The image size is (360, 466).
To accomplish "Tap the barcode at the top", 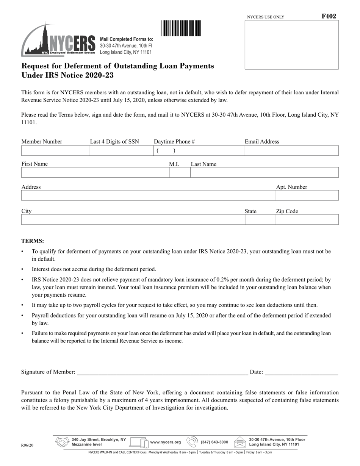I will click(x=181, y=28).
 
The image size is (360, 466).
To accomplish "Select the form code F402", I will click(x=329, y=16).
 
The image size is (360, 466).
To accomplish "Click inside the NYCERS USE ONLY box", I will click(x=291, y=45).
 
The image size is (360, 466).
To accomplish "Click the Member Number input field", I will click(x=55, y=151).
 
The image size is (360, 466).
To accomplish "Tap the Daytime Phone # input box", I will click(x=199, y=151).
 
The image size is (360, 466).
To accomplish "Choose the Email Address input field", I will click(x=291, y=151).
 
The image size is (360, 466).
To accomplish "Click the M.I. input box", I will click(x=179, y=173).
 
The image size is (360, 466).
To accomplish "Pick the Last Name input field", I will click(x=264, y=173).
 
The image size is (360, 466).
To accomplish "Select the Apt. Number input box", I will click(x=307, y=195).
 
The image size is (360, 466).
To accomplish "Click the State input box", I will click(x=260, y=220).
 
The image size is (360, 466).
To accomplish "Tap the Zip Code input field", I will click(x=307, y=220).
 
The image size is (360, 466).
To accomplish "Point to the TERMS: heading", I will click(x=33, y=241).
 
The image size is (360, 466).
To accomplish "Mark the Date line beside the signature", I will click(x=301, y=372).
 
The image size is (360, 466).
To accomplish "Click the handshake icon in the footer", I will click(x=62, y=442).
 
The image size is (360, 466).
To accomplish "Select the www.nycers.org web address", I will click(x=166, y=442).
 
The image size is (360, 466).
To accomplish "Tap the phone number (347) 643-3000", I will click(x=214, y=442).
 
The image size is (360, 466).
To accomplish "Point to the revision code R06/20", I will click(x=27, y=446).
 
